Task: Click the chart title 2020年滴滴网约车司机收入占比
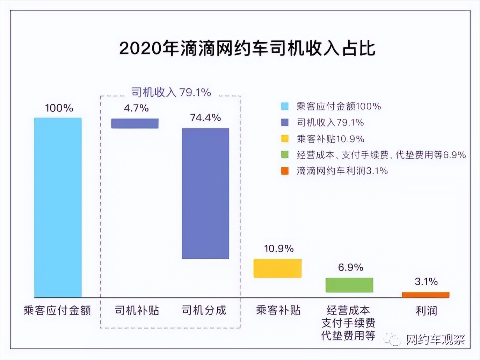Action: coord(247,48)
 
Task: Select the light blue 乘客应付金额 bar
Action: coord(58,208)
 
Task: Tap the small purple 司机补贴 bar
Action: coord(135,123)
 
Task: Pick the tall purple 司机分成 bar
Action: coord(205,194)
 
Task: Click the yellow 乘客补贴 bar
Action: coord(277,268)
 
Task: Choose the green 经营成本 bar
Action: coord(349,285)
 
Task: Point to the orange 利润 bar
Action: coord(426,295)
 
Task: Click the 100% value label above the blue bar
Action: coord(59,108)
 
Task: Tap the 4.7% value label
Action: coord(136,108)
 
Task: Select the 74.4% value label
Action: coord(205,118)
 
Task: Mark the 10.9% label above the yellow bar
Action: coord(279,249)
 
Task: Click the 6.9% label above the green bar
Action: coord(350,268)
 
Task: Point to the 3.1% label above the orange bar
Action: coord(426,282)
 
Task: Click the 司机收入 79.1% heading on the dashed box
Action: coord(171,92)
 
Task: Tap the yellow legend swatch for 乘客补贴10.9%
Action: coord(285,139)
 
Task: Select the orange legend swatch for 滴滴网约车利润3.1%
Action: coord(285,171)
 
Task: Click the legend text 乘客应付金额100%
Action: coord(339,106)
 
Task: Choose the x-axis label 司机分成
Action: coord(204,310)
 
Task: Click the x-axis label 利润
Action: coord(426,310)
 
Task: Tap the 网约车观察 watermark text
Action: coord(435,339)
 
